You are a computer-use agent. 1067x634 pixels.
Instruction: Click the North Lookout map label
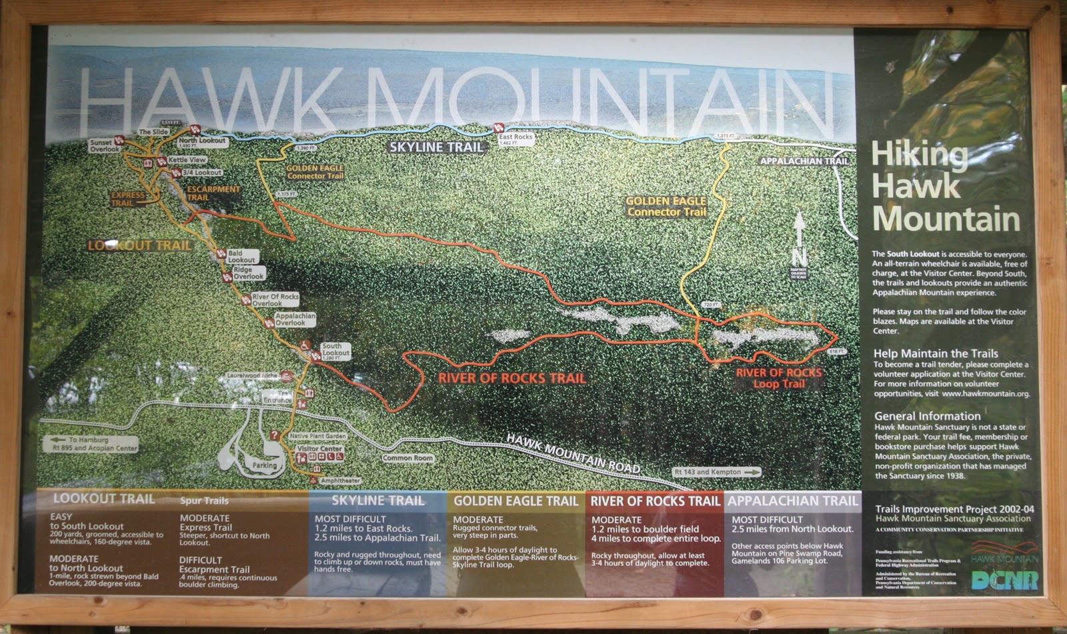coord(203,141)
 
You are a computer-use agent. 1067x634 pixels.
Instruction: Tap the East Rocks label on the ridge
coord(515,137)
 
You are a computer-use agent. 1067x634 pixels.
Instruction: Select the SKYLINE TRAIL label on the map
coord(436,147)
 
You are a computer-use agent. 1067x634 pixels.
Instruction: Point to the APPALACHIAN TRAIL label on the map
coord(804,161)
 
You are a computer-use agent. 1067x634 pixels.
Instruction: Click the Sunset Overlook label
coord(105,145)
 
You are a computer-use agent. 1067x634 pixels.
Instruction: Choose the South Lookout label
coord(335,350)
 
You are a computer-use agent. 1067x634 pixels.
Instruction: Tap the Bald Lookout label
coord(241,257)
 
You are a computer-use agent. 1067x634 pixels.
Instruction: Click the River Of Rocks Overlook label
coord(275,299)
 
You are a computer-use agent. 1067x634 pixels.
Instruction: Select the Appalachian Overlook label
coord(295,319)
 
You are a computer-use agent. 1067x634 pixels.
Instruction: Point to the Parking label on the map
coord(264,465)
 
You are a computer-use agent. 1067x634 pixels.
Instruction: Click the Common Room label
coord(407,458)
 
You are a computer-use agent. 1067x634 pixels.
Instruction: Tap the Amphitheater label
coord(340,480)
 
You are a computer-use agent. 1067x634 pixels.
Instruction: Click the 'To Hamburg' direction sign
coord(90,444)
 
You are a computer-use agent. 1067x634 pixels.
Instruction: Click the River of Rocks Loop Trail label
coord(779,378)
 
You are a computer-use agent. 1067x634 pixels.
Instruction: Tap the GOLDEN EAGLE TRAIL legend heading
coord(515,501)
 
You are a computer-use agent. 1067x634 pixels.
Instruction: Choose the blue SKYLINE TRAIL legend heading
coord(377,501)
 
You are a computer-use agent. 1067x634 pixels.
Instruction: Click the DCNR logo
coord(1004,579)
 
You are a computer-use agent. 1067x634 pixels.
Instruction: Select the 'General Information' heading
coord(927,415)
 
